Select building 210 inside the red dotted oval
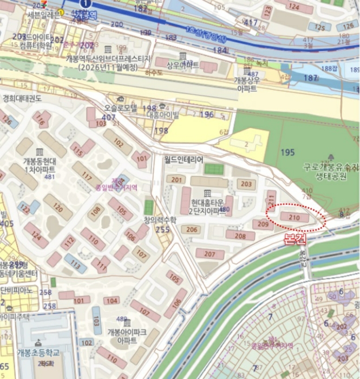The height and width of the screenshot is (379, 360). pos(294,218)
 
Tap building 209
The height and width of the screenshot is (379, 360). pos(263,224)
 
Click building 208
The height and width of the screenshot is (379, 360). pos(240,236)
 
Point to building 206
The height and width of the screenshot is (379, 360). pos(192,230)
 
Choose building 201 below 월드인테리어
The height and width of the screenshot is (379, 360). pos(175,180)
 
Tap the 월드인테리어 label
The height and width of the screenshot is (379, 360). pos(184,160)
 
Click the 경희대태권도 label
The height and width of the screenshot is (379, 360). pos(22,98)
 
